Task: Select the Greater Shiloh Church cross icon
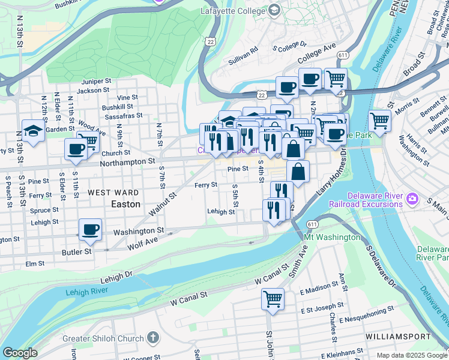click(153, 338)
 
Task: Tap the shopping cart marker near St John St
click(273, 298)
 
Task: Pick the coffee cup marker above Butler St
click(91, 229)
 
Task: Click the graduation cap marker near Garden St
click(33, 130)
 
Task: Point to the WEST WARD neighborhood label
click(113, 193)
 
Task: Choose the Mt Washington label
click(332, 238)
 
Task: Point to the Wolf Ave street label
click(143, 242)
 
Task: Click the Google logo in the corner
click(20, 353)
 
